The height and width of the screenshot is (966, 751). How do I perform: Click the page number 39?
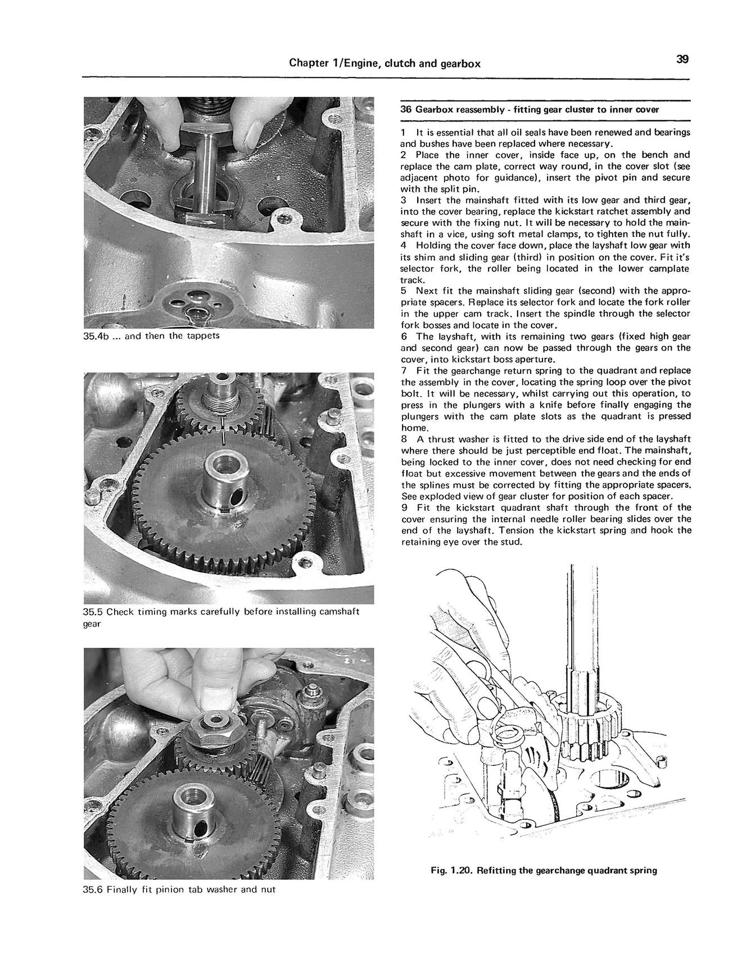pos(682,60)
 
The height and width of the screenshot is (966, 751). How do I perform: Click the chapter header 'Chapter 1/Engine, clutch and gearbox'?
pos(384,64)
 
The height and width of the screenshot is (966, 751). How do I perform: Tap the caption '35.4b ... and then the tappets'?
pos(151,336)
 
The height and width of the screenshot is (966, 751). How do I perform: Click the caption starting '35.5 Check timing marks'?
pos(221,612)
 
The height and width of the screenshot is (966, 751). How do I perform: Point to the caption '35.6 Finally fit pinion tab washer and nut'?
pos(179,889)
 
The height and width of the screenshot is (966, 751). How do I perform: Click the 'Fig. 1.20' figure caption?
pos(543,870)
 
